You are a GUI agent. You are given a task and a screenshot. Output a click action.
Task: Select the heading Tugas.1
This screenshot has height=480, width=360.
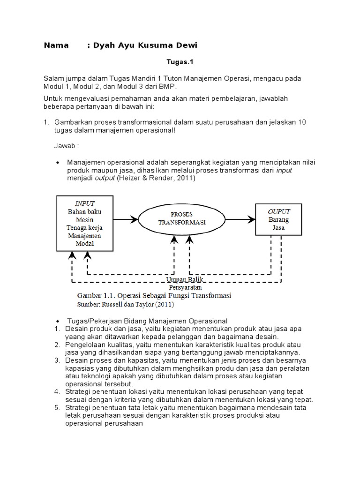click(180, 61)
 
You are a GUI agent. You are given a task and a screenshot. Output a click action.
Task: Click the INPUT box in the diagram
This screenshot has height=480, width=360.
click(85, 223)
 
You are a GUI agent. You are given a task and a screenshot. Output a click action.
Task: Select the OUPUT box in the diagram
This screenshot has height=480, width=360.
click(278, 219)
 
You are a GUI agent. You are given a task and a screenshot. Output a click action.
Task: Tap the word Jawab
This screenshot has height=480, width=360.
click(66, 146)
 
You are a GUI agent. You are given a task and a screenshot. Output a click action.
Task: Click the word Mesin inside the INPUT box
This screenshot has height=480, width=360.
click(85, 219)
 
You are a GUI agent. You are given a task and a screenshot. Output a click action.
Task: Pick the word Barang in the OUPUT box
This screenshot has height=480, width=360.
click(278, 219)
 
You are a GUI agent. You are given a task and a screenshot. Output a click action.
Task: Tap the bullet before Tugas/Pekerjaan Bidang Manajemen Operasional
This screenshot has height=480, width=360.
click(57, 321)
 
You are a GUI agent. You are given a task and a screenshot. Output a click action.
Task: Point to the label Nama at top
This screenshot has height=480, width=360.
click(56, 45)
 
